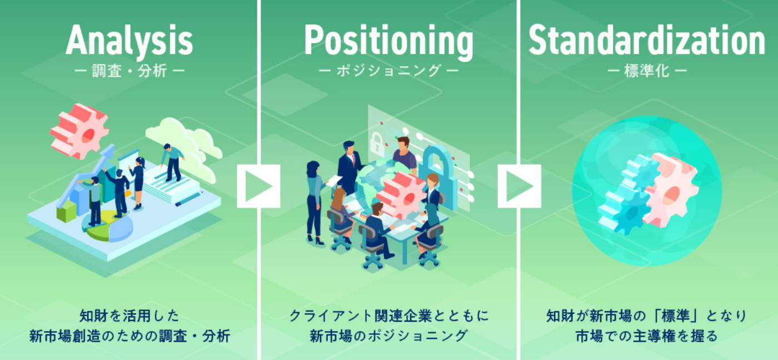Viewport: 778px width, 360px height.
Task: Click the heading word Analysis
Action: pyautogui.click(x=129, y=41)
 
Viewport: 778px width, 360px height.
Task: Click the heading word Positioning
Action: pyautogui.click(x=388, y=41)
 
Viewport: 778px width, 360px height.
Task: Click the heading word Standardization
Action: pyautogui.click(x=647, y=40)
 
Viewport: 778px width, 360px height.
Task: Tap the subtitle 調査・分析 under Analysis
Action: pyautogui.click(x=129, y=71)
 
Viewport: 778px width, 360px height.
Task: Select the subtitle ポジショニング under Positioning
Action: pyautogui.click(x=388, y=71)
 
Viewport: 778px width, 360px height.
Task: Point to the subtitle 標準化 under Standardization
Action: pyautogui.click(x=647, y=71)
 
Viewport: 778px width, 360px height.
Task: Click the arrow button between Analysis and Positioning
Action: pyautogui.click(x=258, y=186)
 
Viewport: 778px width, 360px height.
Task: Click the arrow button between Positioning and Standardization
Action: pyautogui.click(x=519, y=186)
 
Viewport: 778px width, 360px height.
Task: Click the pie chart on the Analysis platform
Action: pyautogui.click(x=108, y=226)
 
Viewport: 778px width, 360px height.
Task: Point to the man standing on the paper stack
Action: pyautogui.click(x=172, y=162)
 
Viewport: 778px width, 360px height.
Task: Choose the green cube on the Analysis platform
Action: pyautogui.click(x=66, y=211)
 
